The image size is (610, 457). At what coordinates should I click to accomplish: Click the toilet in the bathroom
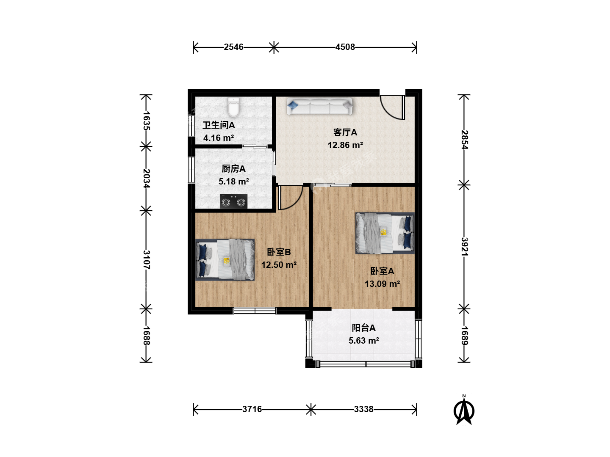pyautogui.click(x=233, y=107)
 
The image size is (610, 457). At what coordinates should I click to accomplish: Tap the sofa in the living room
pyautogui.click(x=319, y=106)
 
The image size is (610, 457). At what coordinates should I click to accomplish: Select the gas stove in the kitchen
pyautogui.click(x=233, y=201)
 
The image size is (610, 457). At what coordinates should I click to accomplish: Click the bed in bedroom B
pyautogui.click(x=225, y=260)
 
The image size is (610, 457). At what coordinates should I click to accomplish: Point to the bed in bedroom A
pyautogui.click(x=385, y=233)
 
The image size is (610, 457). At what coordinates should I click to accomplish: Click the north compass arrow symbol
pyautogui.click(x=464, y=410)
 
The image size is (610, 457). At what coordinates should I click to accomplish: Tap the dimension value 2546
pyautogui.click(x=233, y=47)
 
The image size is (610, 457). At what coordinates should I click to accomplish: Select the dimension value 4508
pyautogui.click(x=345, y=47)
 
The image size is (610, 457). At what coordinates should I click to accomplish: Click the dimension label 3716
pyautogui.click(x=252, y=409)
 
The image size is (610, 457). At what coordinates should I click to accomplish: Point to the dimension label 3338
pyautogui.click(x=363, y=409)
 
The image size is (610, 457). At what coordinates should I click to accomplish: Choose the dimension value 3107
pyautogui.click(x=147, y=260)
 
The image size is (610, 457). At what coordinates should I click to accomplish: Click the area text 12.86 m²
pyautogui.click(x=345, y=145)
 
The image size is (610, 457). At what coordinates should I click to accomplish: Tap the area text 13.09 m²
pyautogui.click(x=382, y=284)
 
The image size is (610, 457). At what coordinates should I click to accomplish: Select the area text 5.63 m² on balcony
pyautogui.click(x=364, y=341)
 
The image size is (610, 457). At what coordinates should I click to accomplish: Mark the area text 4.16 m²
pyautogui.click(x=219, y=138)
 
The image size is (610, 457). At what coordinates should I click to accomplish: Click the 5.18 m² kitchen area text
pyautogui.click(x=233, y=182)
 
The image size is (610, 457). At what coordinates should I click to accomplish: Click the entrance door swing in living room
pyautogui.click(x=392, y=107)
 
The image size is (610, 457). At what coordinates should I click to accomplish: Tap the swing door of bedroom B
pyautogui.click(x=290, y=198)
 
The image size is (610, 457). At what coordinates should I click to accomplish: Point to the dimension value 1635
pyautogui.click(x=147, y=121)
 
